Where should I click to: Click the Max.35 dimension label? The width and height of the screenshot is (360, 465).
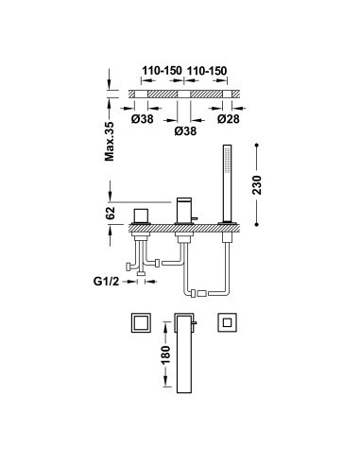pyautogui.click(x=110, y=142)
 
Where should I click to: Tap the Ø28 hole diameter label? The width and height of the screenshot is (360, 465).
pyautogui.click(x=229, y=119)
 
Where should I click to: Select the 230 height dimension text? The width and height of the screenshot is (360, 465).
pyautogui.click(x=257, y=184)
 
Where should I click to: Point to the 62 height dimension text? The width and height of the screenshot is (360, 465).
pyautogui.click(x=110, y=214)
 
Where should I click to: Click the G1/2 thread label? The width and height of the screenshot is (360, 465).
pyautogui.click(x=107, y=281)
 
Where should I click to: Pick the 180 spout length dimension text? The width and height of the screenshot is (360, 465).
pyautogui.click(x=165, y=354)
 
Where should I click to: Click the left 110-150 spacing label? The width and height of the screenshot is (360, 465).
pyautogui.click(x=162, y=71)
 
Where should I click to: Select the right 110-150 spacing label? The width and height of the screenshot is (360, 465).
pyautogui.click(x=207, y=71)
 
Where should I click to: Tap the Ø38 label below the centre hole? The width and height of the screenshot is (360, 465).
pyautogui.click(x=185, y=131)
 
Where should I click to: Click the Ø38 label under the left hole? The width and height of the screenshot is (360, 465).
pyautogui.click(x=143, y=119)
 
